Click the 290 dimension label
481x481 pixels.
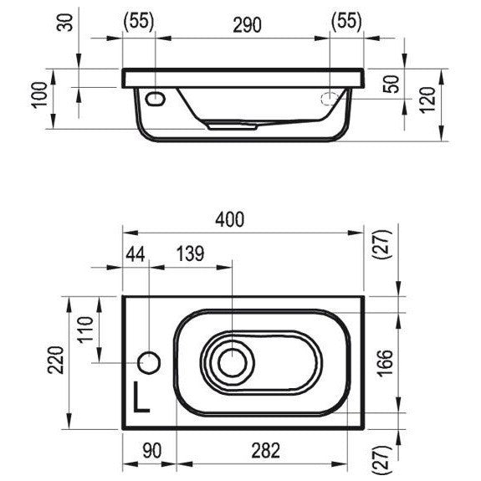click(247, 25)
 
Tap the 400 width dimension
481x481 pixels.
click(230, 220)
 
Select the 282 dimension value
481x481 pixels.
click(266, 450)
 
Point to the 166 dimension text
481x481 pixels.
click(384, 363)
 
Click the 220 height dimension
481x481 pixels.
click(55, 361)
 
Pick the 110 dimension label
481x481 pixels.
click(85, 330)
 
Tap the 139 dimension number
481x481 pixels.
click(190, 254)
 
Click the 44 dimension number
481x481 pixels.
click(136, 254)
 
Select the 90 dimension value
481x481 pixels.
click(152, 451)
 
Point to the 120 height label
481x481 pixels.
click(427, 100)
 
